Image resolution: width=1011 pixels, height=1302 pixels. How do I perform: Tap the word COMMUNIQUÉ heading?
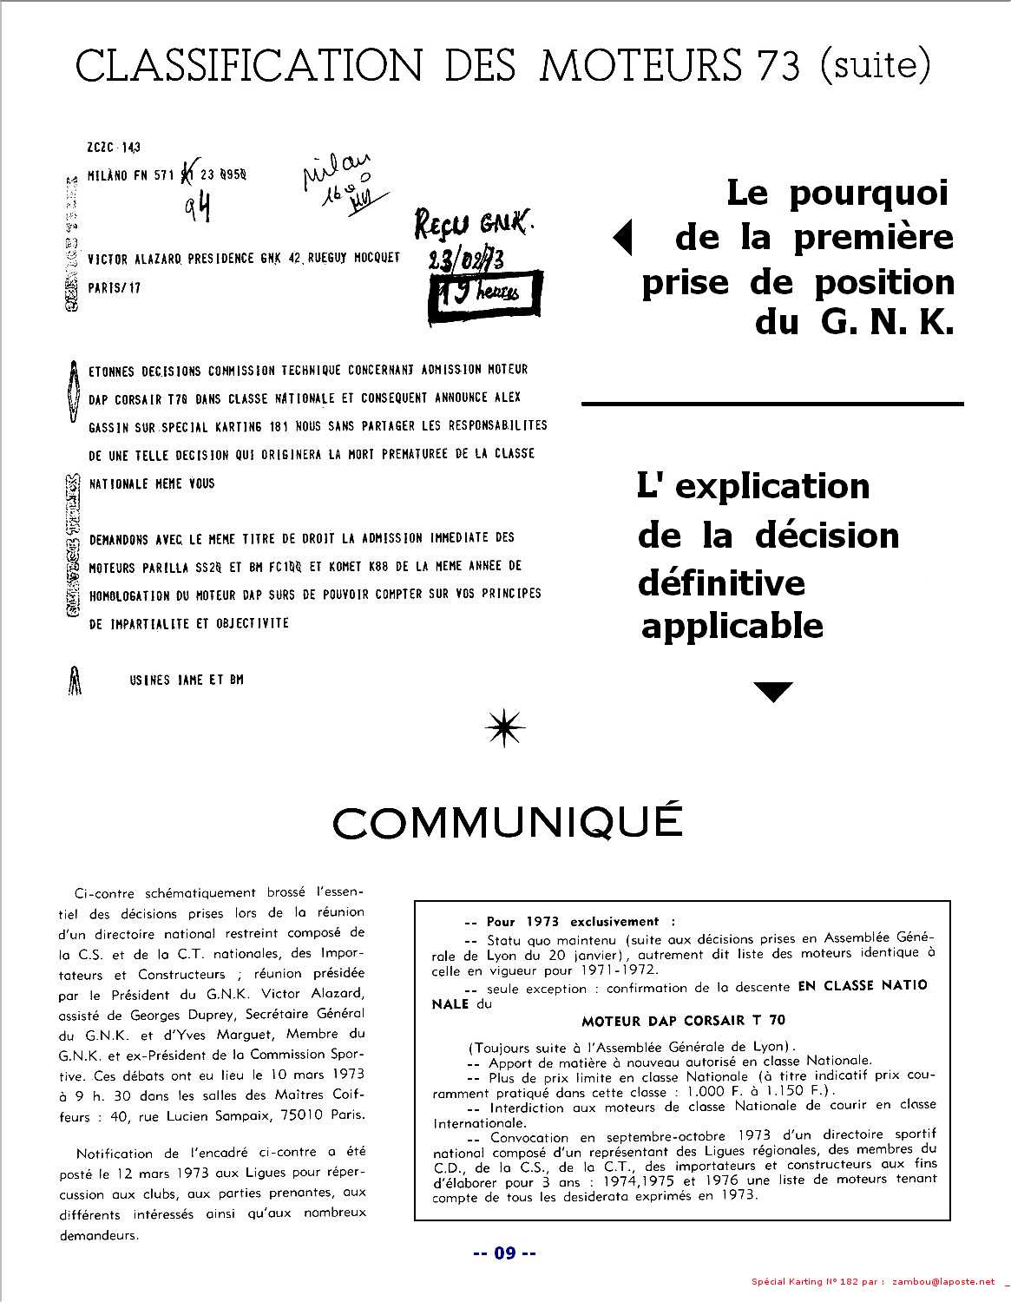[508, 822]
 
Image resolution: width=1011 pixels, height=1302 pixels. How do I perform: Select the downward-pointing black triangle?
[773, 692]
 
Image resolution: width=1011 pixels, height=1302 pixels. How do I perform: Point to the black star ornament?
[506, 727]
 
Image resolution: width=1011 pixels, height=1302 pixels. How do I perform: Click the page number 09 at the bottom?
[504, 1253]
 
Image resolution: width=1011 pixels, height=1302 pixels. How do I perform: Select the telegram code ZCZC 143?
[114, 148]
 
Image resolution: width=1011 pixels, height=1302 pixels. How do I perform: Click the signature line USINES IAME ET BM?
[186, 680]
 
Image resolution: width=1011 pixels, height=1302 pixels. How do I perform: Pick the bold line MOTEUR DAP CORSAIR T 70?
[684, 1020]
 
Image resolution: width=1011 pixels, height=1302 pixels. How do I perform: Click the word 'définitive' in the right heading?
[721, 582]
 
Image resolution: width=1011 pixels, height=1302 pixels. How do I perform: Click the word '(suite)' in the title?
[875, 64]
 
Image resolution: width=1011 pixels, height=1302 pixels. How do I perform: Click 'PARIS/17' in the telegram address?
[115, 288]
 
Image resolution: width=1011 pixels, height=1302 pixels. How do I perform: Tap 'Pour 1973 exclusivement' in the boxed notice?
[573, 922]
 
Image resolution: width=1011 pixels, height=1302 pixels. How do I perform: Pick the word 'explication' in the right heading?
[772, 485]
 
